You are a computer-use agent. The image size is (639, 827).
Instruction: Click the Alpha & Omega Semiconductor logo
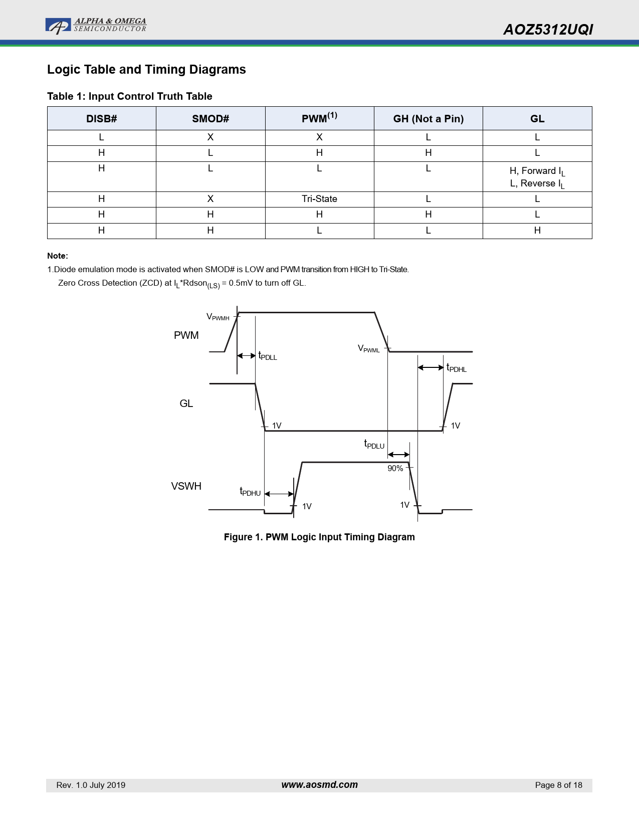[x=96, y=26]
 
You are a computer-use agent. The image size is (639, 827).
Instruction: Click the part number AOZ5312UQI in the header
[x=548, y=30]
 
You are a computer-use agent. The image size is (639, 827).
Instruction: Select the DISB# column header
[x=101, y=119]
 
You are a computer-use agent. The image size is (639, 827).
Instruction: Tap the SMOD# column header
[x=210, y=119]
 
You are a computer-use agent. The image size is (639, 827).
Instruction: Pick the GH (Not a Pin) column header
[x=428, y=119]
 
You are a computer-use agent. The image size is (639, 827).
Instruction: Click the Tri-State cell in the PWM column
[x=319, y=199]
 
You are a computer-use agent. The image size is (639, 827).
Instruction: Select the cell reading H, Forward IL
[x=537, y=171]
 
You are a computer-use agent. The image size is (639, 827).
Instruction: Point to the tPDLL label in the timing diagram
[x=268, y=356]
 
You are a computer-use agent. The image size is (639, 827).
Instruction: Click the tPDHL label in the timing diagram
[x=457, y=368]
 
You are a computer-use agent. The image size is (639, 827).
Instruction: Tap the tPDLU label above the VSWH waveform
[x=374, y=445]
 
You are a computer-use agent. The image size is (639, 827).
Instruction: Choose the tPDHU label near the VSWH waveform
[x=250, y=492]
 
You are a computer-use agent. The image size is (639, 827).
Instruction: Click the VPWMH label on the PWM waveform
[x=218, y=317]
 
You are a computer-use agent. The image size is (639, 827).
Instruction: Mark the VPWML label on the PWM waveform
[x=369, y=349]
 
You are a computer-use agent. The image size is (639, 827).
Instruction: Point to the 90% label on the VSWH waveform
[x=395, y=469]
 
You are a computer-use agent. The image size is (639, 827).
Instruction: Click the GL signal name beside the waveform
[x=186, y=403]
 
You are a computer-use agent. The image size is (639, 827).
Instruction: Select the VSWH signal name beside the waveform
[x=186, y=486]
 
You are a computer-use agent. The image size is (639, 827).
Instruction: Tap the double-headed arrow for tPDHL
[x=431, y=367]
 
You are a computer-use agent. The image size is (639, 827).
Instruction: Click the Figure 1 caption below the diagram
[x=319, y=537]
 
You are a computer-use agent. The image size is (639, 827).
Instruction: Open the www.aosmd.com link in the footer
[x=319, y=785]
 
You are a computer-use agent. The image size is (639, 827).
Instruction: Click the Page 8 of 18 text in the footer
[x=558, y=785]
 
